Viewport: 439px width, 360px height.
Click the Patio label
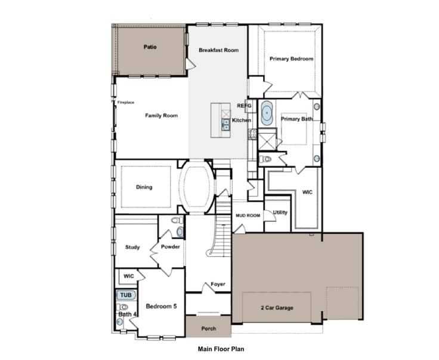pyautogui.click(x=150, y=47)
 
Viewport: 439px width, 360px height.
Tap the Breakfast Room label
pyautogui.click(x=219, y=50)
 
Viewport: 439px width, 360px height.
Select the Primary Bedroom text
pyautogui.click(x=291, y=59)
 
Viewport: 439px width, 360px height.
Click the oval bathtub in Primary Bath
pyautogui.click(x=267, y=113)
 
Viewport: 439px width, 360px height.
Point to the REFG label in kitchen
pyautogui.click(x=244, y=106)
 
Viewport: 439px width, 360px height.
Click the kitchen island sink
pyautogui.click(x=225, y=125)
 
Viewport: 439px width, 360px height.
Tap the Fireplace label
pyautogui.click(x=126, y=103)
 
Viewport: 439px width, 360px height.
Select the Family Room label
pyautogui.click(x=161, y=115)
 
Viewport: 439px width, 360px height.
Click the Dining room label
pyautogui.click(x=144, y=187)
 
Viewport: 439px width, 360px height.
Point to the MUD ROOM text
pyautogui.click(x=248, y=216)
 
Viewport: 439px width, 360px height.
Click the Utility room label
pyautogui.click(x=280, y=213)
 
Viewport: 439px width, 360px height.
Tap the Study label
pyautogui.click(x=132, y=247)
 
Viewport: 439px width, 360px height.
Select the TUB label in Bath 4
pyautogui.click(x=126, y=295)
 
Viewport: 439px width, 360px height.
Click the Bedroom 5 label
pyautogui.click(x=161, y=306)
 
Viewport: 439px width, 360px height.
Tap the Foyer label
pyautogui.click(x=218, y=284)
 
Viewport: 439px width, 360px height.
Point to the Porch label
pyautogui.click(x=209, y=328)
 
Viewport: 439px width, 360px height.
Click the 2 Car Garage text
pyautogui.click(x=277, y=307)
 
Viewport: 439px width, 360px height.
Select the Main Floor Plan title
pyautogui.click(x=221, y=349)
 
